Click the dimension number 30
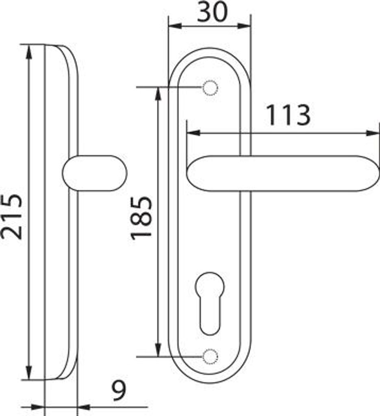[212, 12]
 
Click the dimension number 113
[288, 115]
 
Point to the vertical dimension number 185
[142, 218]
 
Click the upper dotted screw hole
[210, 88]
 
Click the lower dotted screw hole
[210, 356]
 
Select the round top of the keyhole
[210, 286]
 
